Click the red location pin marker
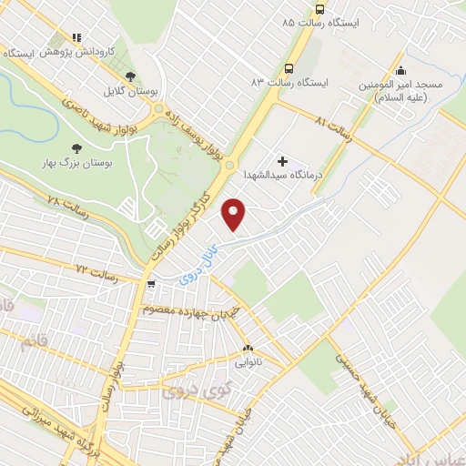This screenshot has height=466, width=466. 236,215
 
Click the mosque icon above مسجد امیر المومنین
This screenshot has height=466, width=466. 401,69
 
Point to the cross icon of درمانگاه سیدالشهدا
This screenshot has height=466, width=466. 282,160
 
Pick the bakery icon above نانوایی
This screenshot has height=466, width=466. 248,348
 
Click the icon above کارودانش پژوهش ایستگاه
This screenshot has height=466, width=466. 77,39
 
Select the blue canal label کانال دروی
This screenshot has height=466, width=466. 198,260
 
